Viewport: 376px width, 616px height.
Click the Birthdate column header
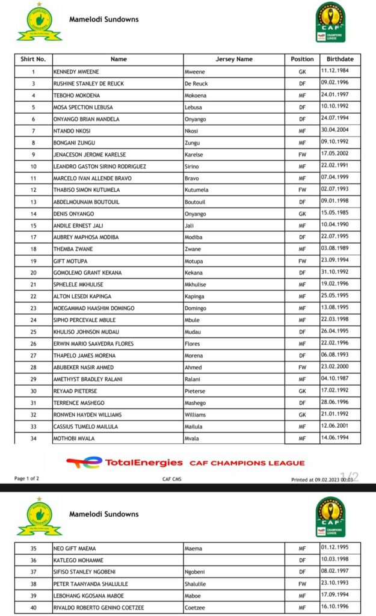click(x=340, y=59)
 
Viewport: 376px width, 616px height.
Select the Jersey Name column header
click(x=234, y=59)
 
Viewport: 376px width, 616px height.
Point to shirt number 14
click(x=33, y=214)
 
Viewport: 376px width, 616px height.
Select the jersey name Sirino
click(x=192, y=166)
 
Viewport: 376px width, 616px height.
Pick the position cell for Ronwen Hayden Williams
click(x=302, y=414)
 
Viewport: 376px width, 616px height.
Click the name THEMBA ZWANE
click(x=71, y=249)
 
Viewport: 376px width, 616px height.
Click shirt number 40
click(x=33, y=607)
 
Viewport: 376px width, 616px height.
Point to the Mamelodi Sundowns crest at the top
click(x=39, y=23)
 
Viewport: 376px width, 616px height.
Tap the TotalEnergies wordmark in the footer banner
click(x=144, y=463)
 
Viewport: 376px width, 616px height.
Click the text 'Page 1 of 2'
click(x=28, y=478)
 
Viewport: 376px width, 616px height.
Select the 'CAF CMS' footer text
click(x=171, y=479)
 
